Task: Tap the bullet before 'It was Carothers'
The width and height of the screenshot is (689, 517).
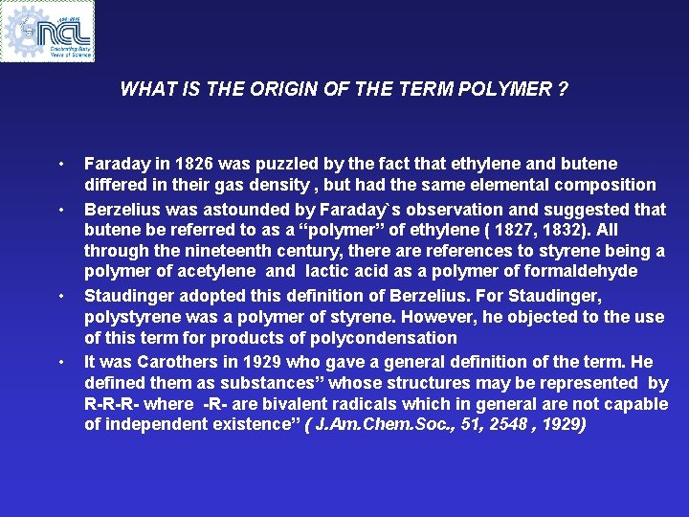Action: [x=60, y=361]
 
